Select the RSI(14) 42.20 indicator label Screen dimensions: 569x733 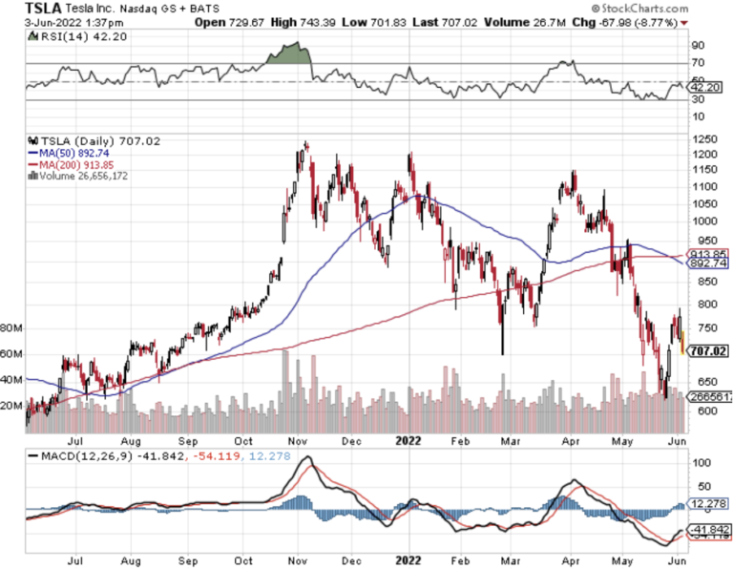click(x=62, y=36)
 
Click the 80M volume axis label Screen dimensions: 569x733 click(x=11, y=327)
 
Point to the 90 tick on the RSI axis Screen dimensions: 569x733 click(x=698, y=45)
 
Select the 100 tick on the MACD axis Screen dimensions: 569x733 click(x=702, y=463)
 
